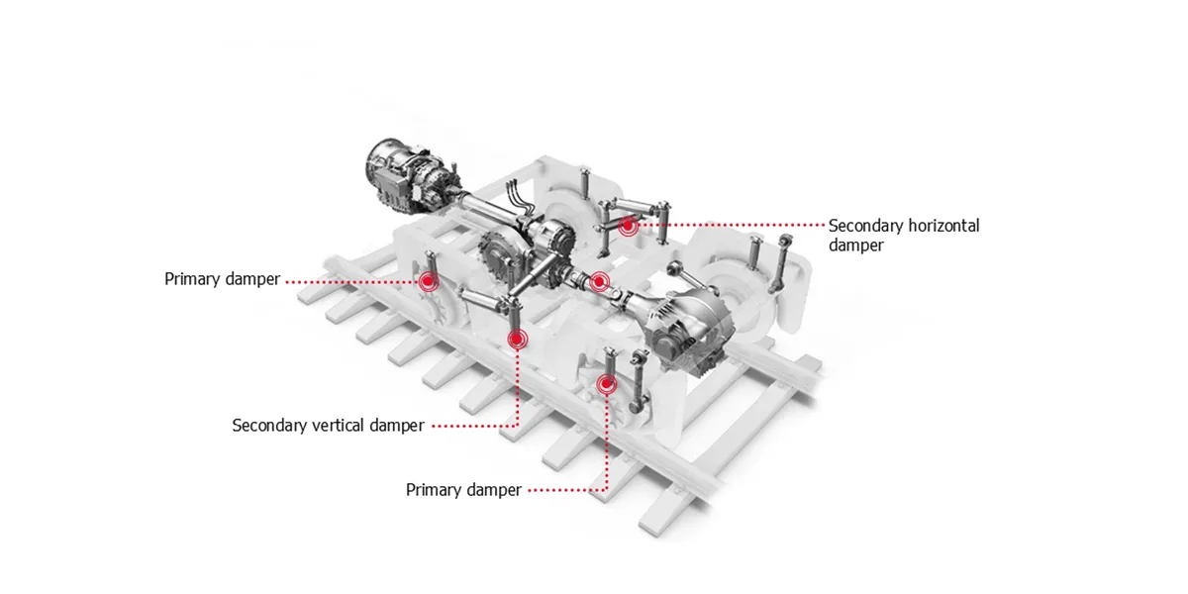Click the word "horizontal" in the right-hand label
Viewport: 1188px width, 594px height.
943,226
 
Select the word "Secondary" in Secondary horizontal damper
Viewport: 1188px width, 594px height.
866,226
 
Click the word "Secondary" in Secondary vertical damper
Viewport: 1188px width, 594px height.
269,426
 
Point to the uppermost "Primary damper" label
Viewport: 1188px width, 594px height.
222,279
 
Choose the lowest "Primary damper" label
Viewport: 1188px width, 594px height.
463,490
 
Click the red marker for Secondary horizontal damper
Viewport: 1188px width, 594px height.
628,227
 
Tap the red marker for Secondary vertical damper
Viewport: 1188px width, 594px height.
516,340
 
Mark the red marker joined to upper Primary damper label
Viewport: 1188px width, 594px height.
428,282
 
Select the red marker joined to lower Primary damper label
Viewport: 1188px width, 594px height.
607,383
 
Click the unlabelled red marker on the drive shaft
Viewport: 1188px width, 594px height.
598,282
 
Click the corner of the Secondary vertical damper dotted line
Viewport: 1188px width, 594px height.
516,426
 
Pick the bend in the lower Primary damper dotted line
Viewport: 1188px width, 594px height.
607,490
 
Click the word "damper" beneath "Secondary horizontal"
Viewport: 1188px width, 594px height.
855,246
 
